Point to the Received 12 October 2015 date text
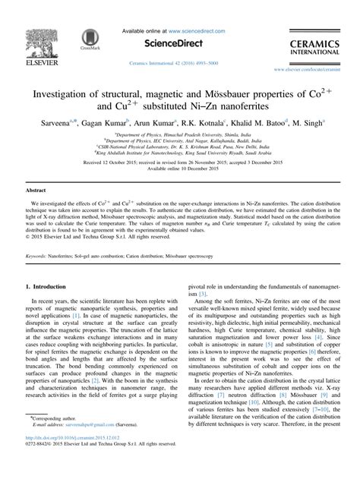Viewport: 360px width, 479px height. pos(99,162)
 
